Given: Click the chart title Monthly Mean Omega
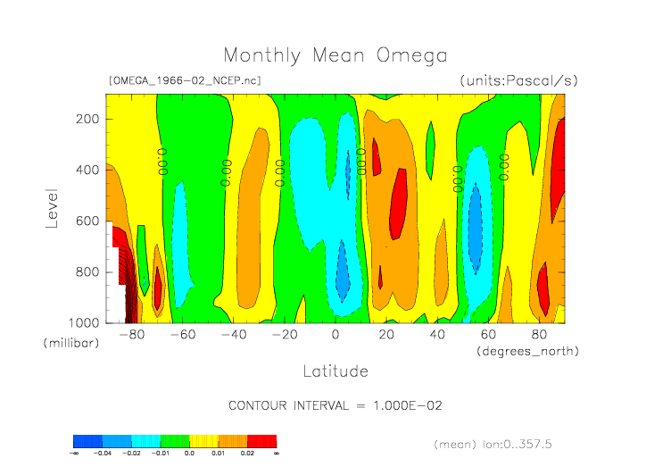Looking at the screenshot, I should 335,55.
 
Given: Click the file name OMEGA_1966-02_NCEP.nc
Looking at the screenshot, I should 185,80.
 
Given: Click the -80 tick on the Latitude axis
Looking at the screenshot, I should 131,335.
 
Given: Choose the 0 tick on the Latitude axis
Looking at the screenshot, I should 335,335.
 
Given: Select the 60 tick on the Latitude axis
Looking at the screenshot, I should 488,335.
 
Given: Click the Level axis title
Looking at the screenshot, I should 52,207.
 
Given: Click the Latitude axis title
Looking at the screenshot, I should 335,370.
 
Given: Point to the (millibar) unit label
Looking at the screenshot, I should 70,343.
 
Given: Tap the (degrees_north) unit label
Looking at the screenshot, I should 528,351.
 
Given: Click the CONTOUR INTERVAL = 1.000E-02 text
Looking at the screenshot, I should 335,405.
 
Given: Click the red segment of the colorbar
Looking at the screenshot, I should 261,441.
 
